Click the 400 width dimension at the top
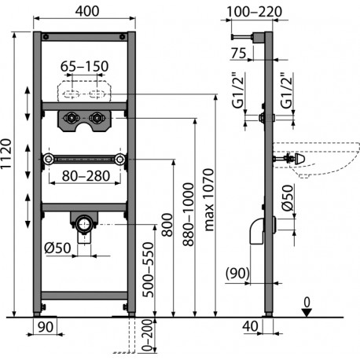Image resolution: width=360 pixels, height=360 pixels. click(x=87, y=11)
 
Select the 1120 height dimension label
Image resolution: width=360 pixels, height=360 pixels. click(x=6, y=154)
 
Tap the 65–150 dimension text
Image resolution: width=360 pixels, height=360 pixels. click(x=84, y=66)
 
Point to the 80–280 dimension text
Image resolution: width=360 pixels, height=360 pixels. click(x=86, y=176)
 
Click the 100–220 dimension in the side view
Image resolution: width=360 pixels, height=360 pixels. click(x=254, y=12)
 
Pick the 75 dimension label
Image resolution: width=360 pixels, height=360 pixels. click(x=239, y=53)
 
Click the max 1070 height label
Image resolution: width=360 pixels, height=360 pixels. click(x=209, y=200)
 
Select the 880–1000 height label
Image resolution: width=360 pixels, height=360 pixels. click(x=189, y=215)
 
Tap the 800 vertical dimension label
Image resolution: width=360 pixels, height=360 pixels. click(x=167, y=225)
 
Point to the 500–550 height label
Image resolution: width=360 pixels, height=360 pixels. click(x=148, y=270)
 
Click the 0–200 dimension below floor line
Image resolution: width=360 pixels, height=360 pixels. click(x=147, y=335)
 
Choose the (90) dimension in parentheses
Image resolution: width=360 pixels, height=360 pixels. click(x=237, y=274)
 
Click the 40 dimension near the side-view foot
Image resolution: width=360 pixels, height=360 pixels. click(x=250, y=326)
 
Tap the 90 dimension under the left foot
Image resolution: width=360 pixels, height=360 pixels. click(x=46, y=327)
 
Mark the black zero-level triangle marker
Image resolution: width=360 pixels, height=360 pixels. click(x=307, y=313)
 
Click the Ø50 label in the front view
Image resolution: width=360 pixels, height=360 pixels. click(x=57, y=248)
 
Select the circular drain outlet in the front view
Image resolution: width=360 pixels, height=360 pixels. click(x=84, y=224)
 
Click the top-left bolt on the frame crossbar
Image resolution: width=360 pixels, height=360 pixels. click(x=46, y=37)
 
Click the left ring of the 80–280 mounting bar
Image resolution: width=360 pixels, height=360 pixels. click(x=48, y=159)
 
